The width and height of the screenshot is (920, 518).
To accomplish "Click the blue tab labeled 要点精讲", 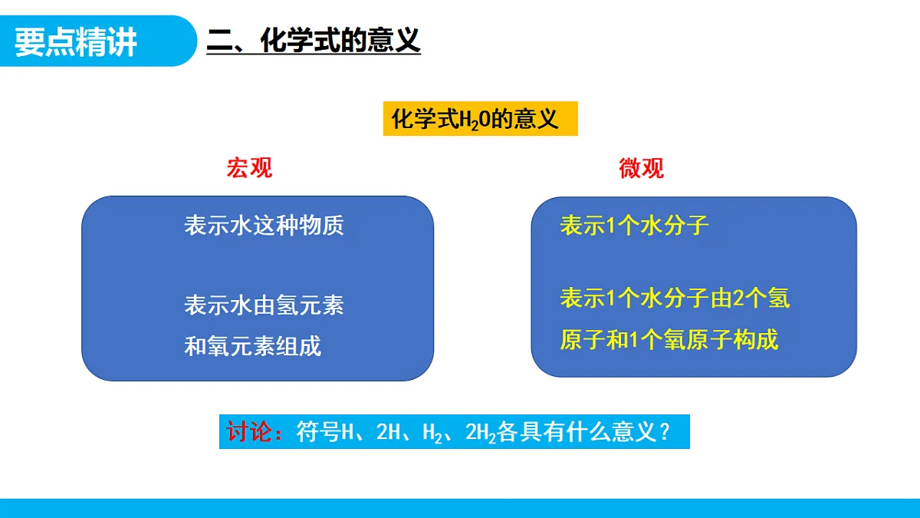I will pos(77,41).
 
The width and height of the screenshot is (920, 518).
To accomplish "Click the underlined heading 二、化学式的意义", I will pos(314,41).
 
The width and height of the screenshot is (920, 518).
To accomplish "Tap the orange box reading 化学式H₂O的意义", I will pos(480,120).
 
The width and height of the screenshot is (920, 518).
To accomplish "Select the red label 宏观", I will pos(249,168).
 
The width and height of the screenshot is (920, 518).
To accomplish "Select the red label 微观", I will pos(642,168).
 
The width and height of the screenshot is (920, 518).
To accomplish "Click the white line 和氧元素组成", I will pos(252,346).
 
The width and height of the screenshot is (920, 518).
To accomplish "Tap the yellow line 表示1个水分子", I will pos(635,225).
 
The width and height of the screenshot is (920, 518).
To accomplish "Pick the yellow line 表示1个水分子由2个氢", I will pos(675,298).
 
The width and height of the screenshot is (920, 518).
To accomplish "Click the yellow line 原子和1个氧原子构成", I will pos(669,339).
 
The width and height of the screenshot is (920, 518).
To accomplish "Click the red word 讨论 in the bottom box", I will pos(250,432).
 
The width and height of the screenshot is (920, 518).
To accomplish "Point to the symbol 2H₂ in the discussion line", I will pos(481,433).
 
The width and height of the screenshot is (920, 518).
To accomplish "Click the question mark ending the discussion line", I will pos(665,432).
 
